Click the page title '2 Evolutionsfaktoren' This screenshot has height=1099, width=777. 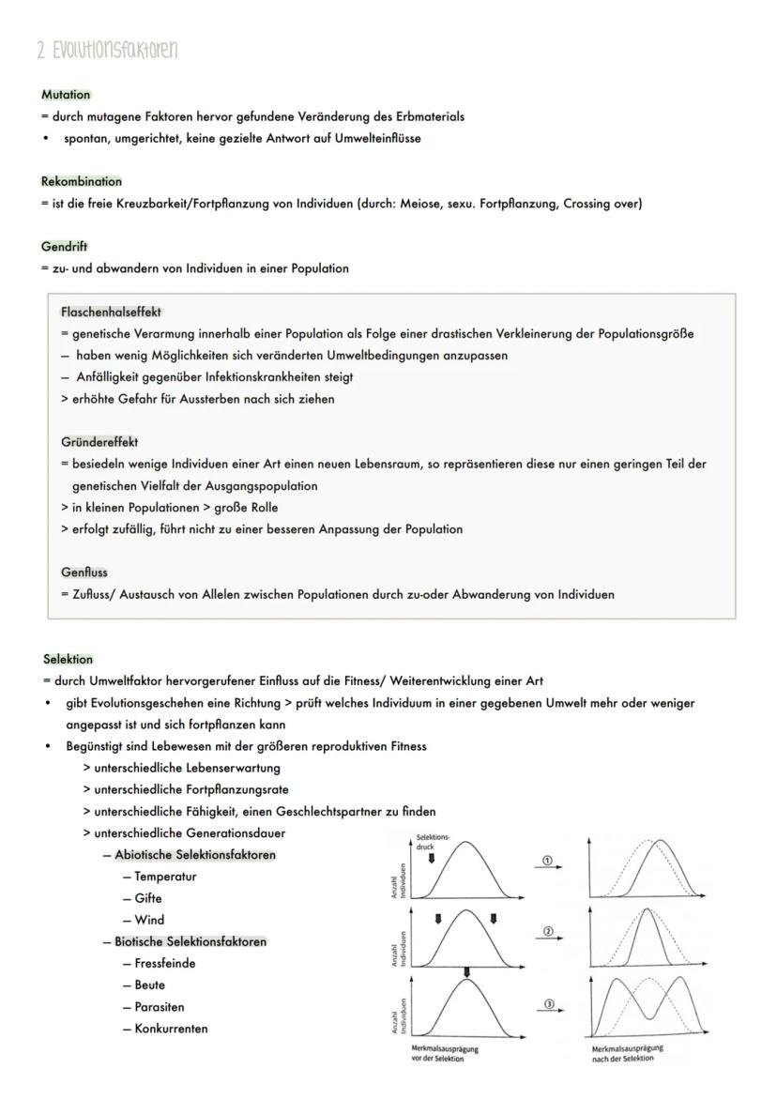tap(107, 51)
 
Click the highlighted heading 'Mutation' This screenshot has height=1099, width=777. tap(66, 95)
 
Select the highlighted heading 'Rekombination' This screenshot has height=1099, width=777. tap(82, 181)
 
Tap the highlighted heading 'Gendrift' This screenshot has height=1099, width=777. tap(64, 247)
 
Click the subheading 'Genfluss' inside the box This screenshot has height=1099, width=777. tap(84, 572)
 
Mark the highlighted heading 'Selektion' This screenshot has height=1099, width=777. tap(69, 659)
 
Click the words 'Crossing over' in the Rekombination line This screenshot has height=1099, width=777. tap(602, 204)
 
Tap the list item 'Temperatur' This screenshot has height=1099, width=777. tap(165, 877)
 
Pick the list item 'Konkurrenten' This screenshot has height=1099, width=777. tap(171, 1029)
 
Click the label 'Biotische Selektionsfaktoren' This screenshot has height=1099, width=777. tap(190, 941)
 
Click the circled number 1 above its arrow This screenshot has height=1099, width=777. tap(549, 860)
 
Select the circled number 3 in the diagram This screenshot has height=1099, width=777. tap(549, 1004)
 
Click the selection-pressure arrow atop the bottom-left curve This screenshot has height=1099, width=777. tap(466, 971)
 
